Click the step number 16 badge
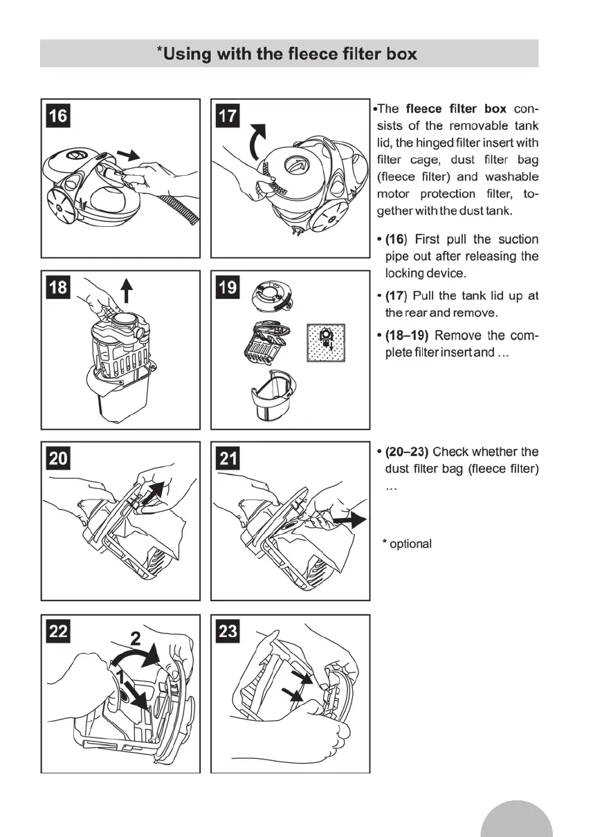pyautogui.click(x=59, y=116)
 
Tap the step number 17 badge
pyautogui.click(x=227, y=116)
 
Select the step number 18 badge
pyautogui.click(x=59, y=286)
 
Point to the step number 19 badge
pyautogui.click(x=227, y=286)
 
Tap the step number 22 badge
pyautogui.click(x=59, y=631)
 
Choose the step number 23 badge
pyautogui.click(x=227, y=631)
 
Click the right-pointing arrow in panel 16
pyautogui.click(x=129, y=152)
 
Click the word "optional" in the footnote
pyautogui.click(x=411, y=544)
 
